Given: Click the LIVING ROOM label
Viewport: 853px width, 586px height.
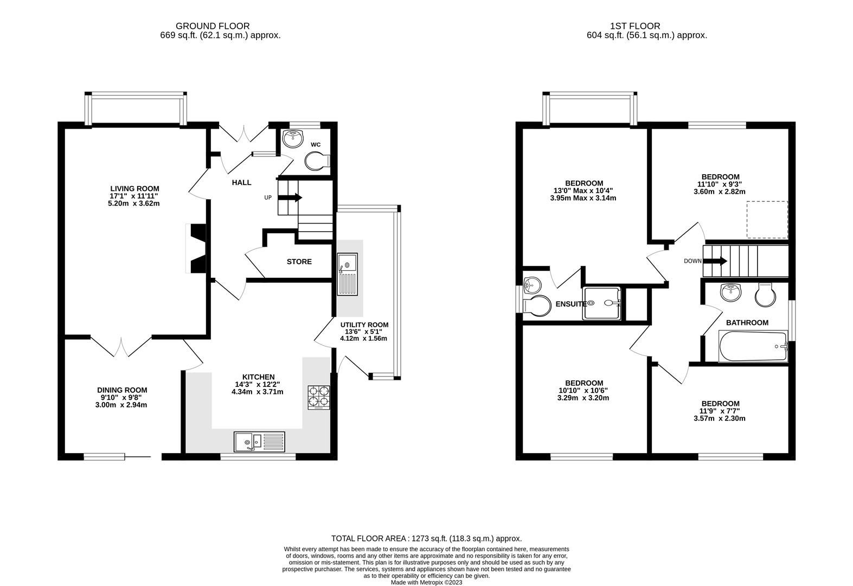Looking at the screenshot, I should coord(133,189).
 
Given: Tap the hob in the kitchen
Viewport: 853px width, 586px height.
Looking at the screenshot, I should coord(318,397).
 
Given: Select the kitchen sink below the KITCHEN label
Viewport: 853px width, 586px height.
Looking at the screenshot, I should coord(259,441).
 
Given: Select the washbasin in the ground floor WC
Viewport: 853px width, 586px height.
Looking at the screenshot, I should coord(293,138).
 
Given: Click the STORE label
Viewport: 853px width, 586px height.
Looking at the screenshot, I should coord(299,262).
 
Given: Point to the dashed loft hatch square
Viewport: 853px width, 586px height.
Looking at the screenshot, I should coord(767,219).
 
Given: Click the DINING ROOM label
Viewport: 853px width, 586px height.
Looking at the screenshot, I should coord(122,390).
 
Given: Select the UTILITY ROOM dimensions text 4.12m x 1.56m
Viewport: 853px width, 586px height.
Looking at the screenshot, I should coord(363,338).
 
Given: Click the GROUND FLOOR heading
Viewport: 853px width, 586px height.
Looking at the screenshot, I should coord(213,26).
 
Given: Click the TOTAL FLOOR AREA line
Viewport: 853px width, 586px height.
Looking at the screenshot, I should coord(426,538).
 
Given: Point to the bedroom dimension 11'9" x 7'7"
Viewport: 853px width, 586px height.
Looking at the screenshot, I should coord(720,411).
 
